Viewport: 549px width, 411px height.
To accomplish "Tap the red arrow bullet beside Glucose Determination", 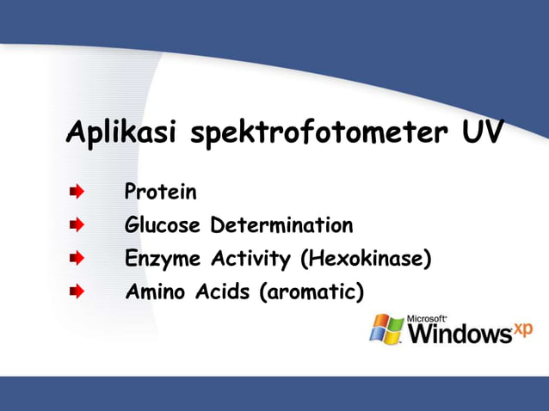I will click(77, 226).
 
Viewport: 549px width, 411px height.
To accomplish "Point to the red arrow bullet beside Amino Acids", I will click(77, 292).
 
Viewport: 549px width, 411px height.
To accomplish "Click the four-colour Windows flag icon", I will click(386, 329).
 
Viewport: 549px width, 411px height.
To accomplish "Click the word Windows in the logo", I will click(458, 334).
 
